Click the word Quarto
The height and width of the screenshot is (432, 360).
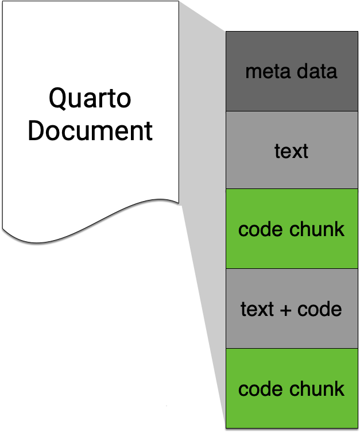[x=90, y=99]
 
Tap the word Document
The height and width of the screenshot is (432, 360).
[x=90, y=131]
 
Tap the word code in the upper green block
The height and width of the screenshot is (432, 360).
[x=258, y=230]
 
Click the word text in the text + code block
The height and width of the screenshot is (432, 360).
[x=257, y=310]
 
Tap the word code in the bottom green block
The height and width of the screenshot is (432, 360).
[x=258, y=389]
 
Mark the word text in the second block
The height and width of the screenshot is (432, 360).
[x=292, y=151]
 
